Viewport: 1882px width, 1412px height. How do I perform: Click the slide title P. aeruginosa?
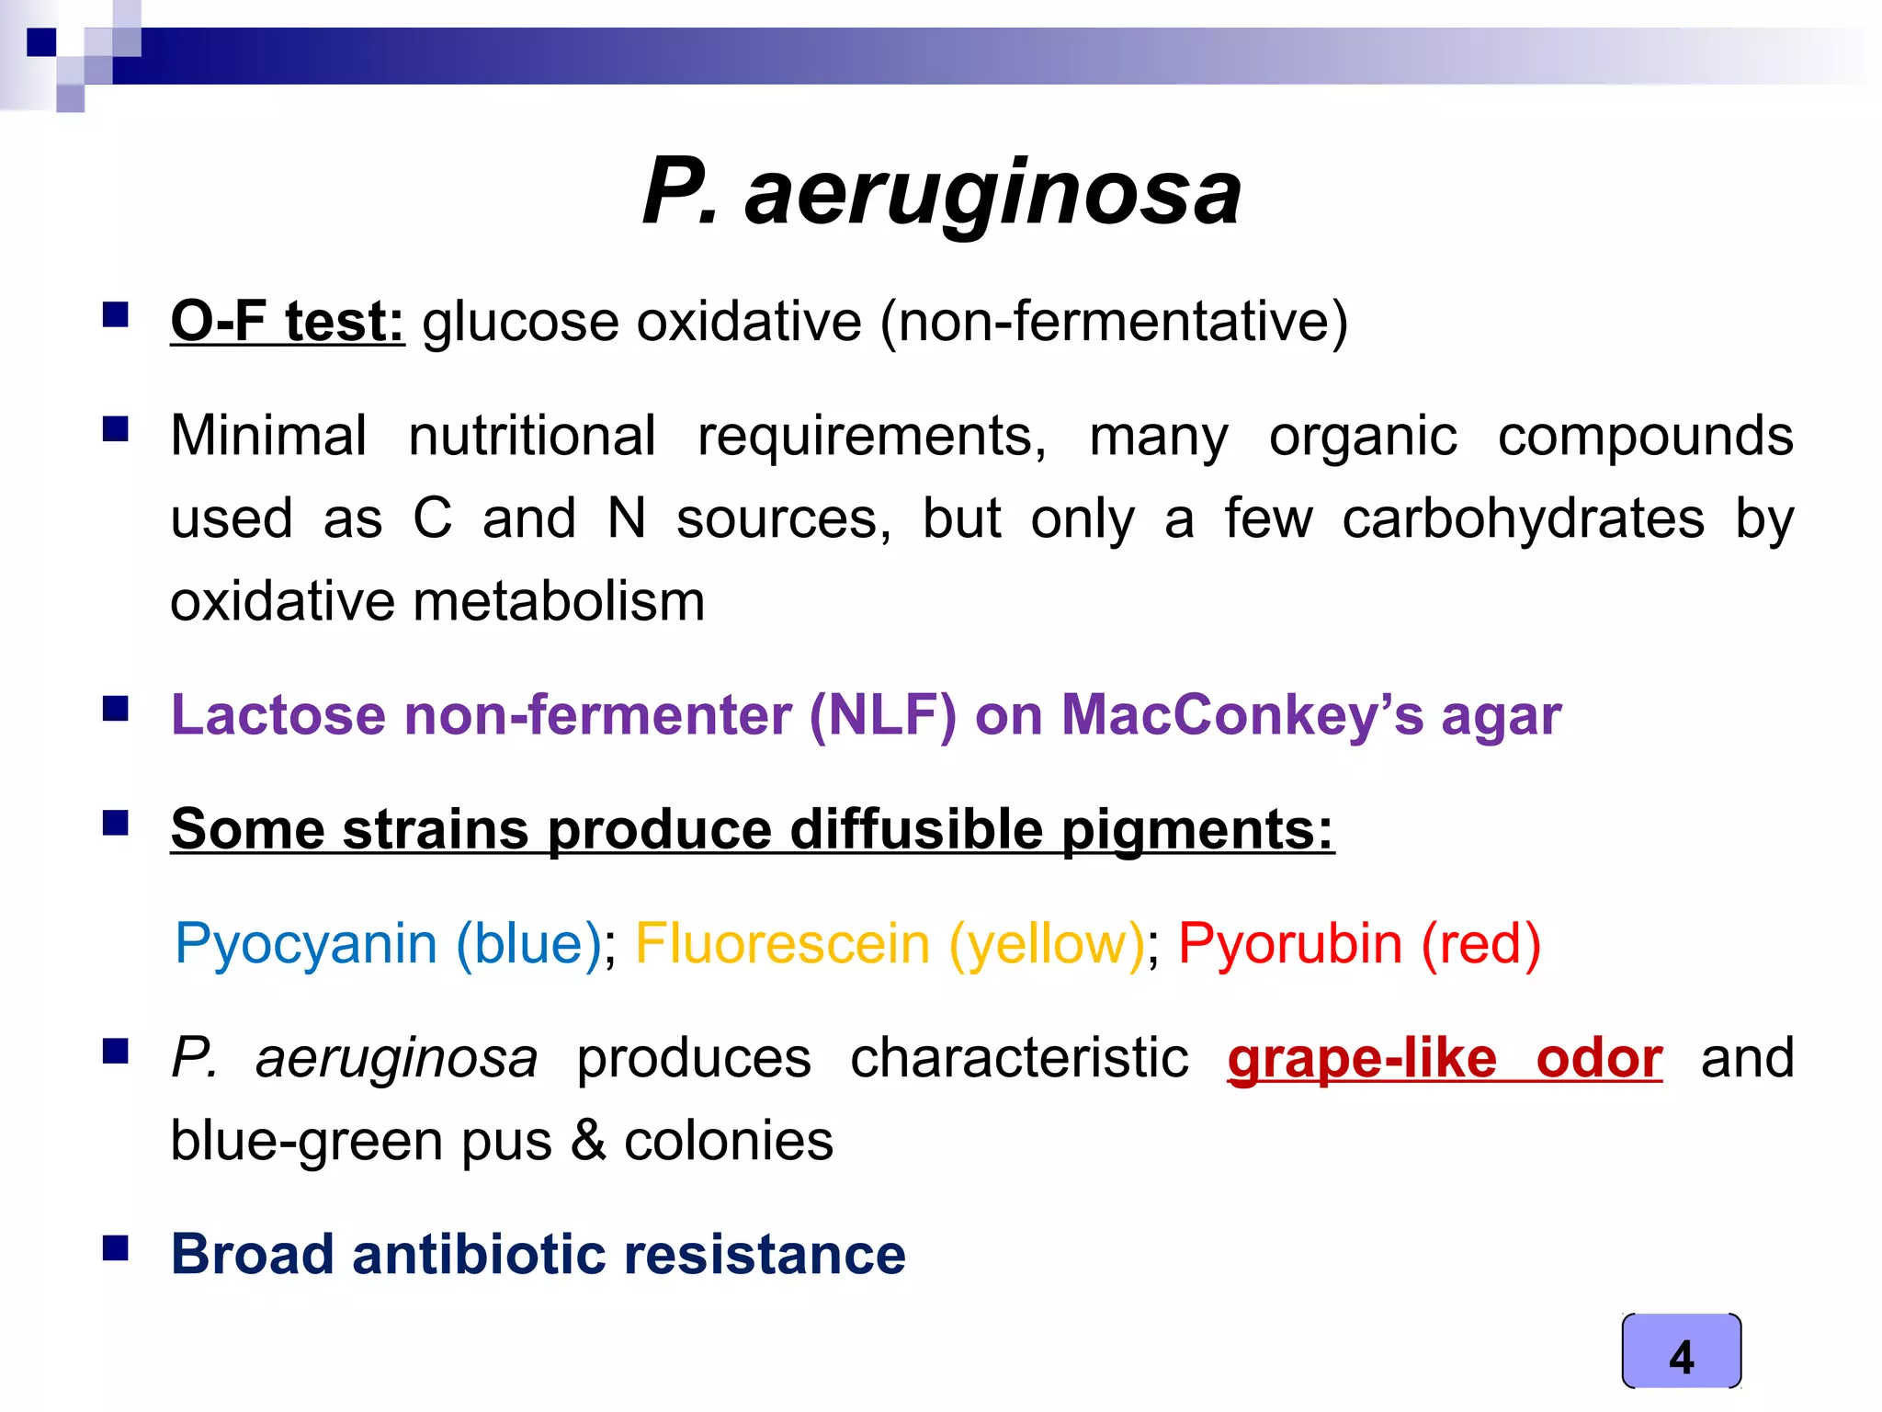(x=941, y=192)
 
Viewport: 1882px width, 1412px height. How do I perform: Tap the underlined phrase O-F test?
(x=287, y=322)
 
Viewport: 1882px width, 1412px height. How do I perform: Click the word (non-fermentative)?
(x=1114, y=322)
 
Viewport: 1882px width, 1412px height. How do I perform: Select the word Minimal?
(x=268, y=436)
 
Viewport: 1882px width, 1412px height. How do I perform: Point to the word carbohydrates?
(x=1523, y=518)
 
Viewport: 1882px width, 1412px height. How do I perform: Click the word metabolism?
(x=559, y=602)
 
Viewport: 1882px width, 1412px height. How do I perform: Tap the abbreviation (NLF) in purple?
(x=882, y=715)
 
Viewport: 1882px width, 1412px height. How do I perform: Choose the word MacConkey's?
(x=1242, y=715)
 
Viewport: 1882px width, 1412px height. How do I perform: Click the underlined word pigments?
(x=1197, y=829)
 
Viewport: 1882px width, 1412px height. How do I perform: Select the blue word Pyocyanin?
(x=305, y=944)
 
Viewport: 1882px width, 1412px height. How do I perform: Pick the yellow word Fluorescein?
(x=782, y=944)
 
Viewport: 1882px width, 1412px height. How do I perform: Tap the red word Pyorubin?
(x=1290, y=944)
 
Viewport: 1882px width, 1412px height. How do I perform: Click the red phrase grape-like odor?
(x=1445, y=1058)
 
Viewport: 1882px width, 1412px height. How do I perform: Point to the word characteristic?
(x=1019, y=1058)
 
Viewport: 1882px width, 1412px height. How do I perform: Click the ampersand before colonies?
(x=588, y=1141)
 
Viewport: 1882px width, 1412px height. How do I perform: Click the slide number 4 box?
(x=1681, y=1351)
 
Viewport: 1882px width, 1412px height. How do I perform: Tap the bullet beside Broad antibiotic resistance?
(x=116, y=1248)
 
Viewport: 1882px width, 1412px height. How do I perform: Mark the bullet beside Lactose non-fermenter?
(x=116, y=709)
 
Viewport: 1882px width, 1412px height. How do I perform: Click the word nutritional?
(x=532, y=436)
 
